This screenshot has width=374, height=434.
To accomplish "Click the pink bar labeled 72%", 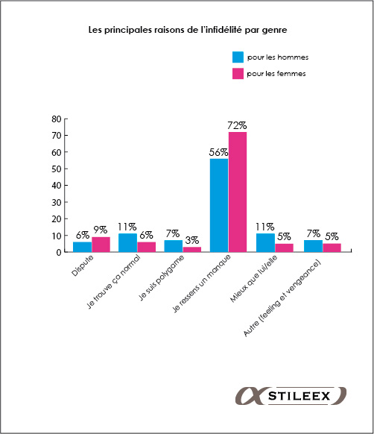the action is [238, 192].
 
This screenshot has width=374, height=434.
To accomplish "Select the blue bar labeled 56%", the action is [219, 205].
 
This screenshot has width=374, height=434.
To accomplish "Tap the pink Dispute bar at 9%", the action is [101, 245].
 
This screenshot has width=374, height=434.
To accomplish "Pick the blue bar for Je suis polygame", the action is [174, 246].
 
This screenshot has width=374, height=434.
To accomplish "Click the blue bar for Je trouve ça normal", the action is [128, 243].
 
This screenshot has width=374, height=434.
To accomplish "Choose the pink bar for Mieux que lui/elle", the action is [284, 248].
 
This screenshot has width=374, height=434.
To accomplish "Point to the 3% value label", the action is [192, 240].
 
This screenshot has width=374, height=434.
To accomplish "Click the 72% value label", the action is [237, 126].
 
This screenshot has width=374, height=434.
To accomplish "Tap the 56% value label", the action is [218, 152].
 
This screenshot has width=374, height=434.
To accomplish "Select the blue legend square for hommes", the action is [238, 57].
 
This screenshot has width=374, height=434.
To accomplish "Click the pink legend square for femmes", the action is [238, 74].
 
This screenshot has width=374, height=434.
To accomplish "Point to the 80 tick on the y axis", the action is [57, 119].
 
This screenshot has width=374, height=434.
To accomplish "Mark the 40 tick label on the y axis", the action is [57, 186].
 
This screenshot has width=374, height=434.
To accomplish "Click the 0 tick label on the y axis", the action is [59, 253].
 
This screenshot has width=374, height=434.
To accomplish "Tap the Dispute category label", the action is [83, 265].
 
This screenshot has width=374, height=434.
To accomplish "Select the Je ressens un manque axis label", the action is [202, 283].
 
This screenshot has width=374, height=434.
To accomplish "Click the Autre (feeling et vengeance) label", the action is [282, 298].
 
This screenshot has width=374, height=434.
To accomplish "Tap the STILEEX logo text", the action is [299, 396].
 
